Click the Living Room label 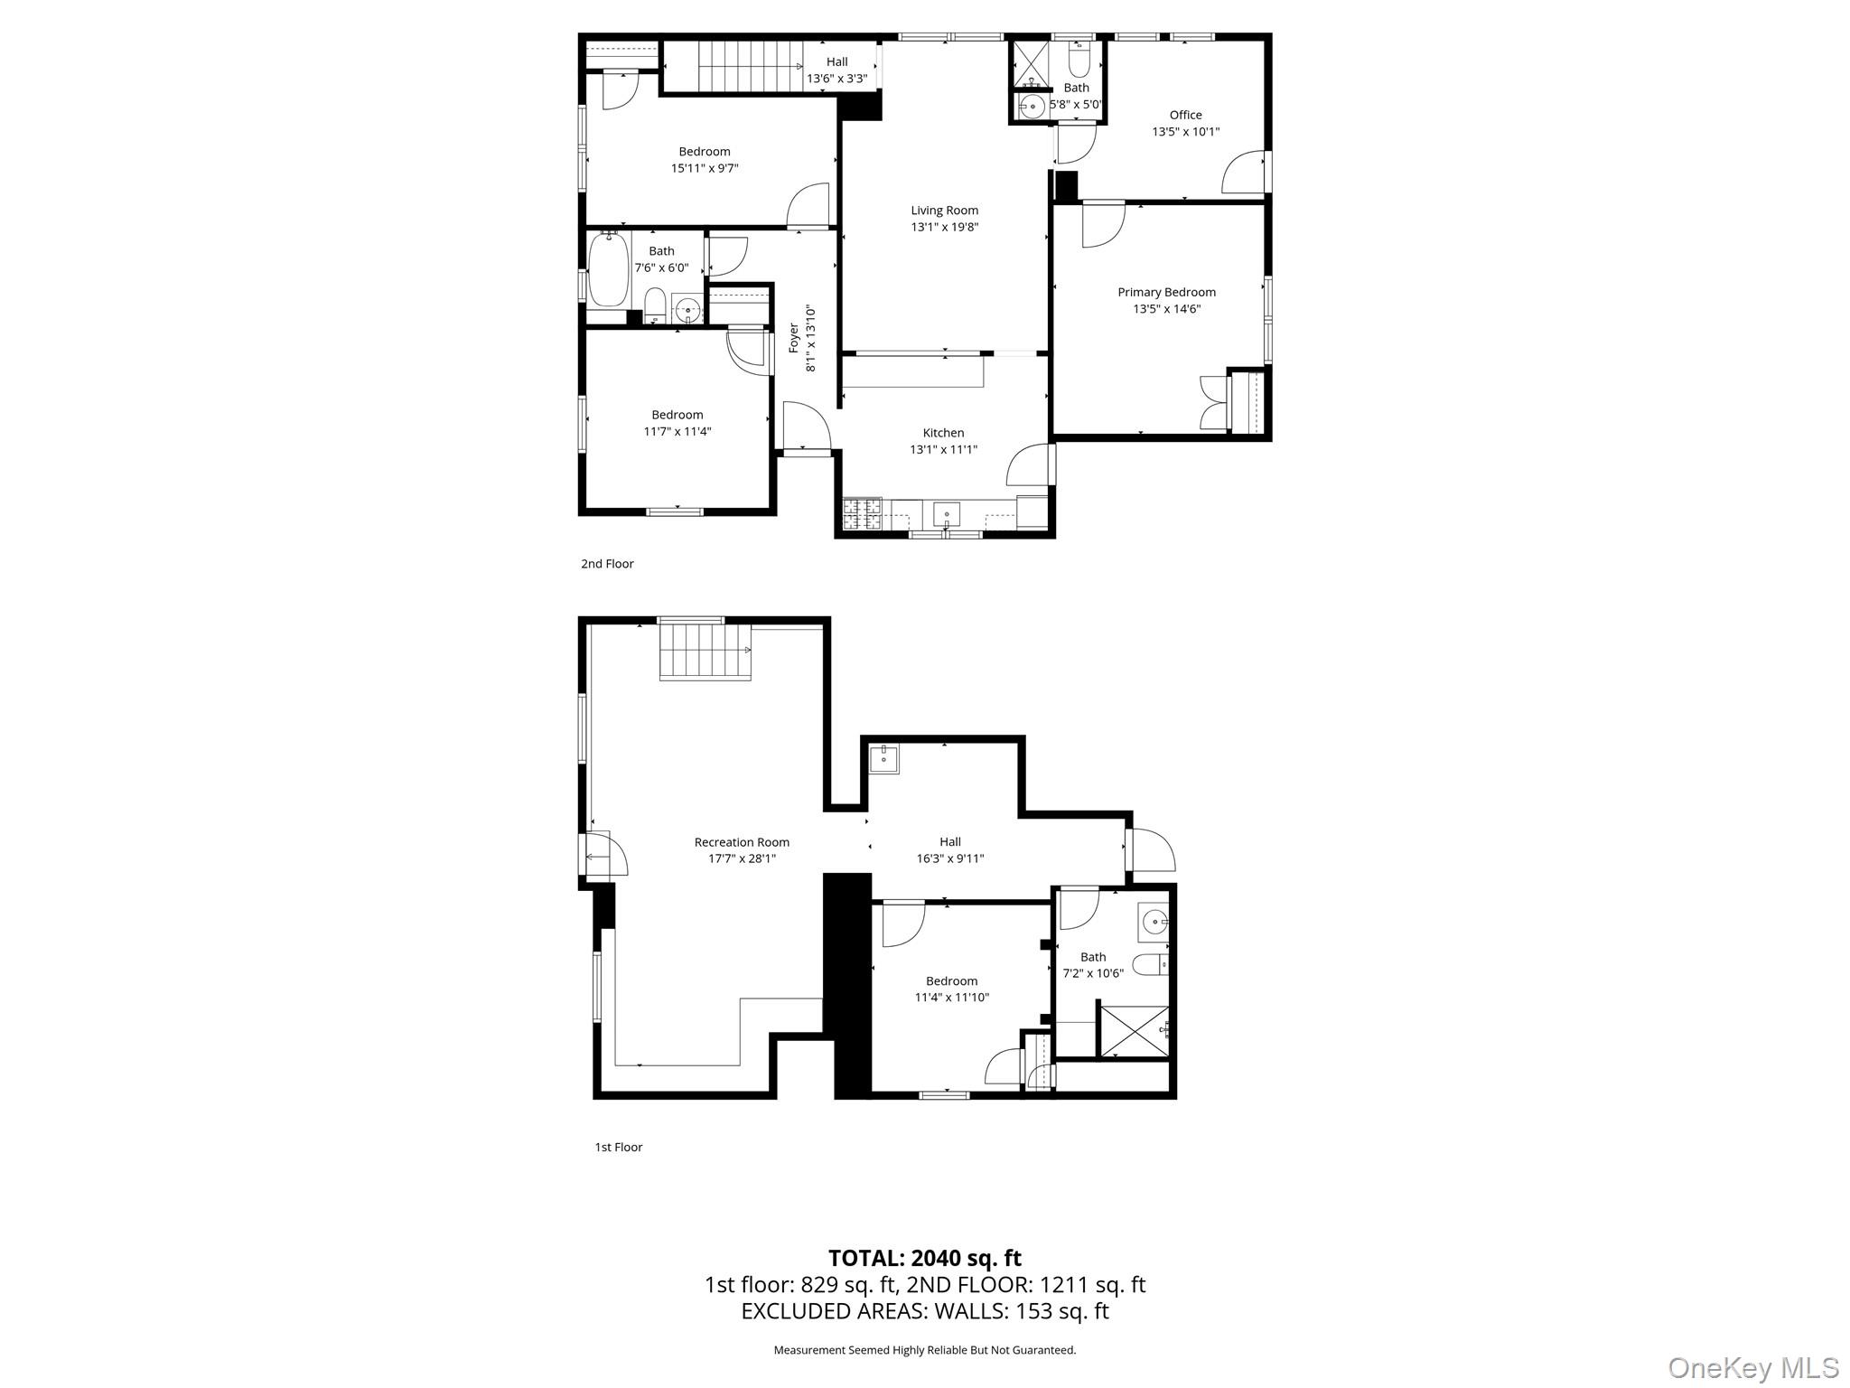click(944, 211)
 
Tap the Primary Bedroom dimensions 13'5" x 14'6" click(1166, 309)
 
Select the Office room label click(1185, 115)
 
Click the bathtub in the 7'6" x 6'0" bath click(609, 269)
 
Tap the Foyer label click(794, 339)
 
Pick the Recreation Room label click(742, 842)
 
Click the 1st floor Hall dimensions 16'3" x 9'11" click(949, 859)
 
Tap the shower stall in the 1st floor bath click(1134, 1029)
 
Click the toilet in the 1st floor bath click(1150, 965)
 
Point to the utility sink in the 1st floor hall click(883, 759)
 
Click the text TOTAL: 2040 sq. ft click(924, 1258)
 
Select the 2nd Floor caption click(607, 564)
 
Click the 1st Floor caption click(618, 1148)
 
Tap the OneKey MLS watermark click(1752, 1367)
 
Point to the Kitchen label click(943, 433)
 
